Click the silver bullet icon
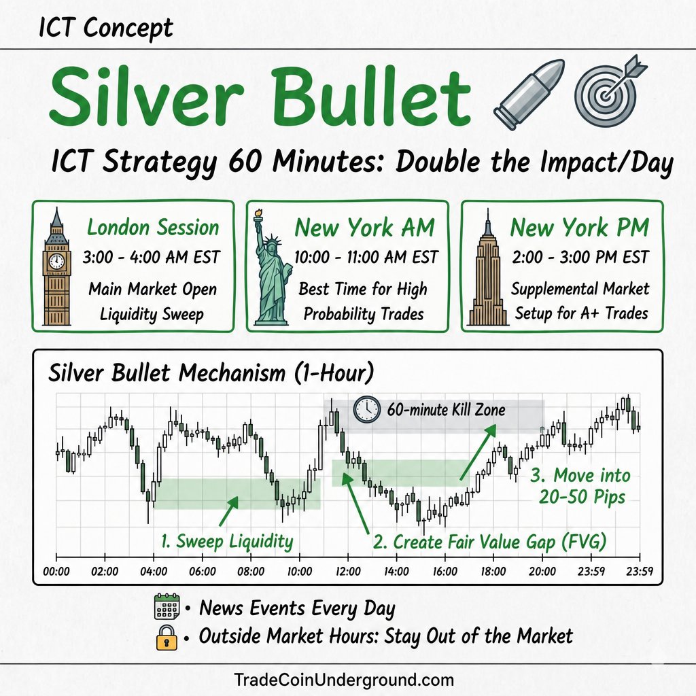(x=529, y=94)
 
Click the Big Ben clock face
(x=56, y=261)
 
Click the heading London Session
(x=153, y=227)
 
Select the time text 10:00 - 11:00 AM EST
(x=366, y=258)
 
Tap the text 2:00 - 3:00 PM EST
(x=580, y=258)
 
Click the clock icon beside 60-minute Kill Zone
(x=366, y=409)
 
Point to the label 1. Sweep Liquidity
(x=227, y=542)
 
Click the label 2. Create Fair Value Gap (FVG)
(x=489, y=542)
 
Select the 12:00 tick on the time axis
(x=348, y=557)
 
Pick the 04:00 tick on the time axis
(x=154, y=557)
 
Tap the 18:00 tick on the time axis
(x=494, y=557)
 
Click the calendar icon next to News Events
(x=167, y=606)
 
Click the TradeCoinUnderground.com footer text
(x=344, y=680)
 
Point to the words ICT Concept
(x=105, y=27)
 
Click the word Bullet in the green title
(x=371, y=95)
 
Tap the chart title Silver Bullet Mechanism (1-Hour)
(x=211, y=372)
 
